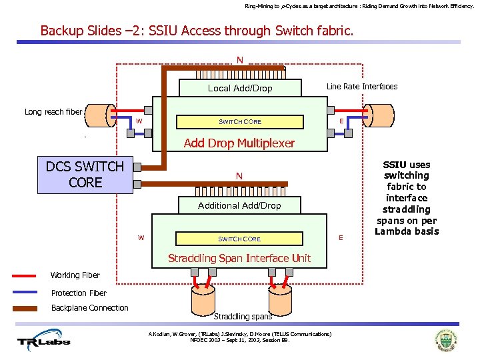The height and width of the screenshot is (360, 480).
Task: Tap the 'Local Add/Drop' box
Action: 240,88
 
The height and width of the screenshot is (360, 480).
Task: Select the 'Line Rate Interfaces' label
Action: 361,87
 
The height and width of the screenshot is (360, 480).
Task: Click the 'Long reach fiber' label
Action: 53,112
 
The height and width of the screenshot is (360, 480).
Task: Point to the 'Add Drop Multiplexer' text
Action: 239,143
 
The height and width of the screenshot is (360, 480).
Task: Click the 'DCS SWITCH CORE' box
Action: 85,175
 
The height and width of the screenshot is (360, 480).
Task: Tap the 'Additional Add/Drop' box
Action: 239,205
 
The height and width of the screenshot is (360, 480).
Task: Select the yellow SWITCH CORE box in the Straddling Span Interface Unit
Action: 240,239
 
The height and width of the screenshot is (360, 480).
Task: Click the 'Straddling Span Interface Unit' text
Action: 239,258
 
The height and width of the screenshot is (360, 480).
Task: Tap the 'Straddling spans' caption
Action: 243,316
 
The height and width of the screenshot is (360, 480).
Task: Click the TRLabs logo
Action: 43,341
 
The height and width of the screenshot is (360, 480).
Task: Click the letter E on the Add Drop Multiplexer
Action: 341,121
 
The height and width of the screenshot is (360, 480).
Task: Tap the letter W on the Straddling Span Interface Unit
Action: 141,237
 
